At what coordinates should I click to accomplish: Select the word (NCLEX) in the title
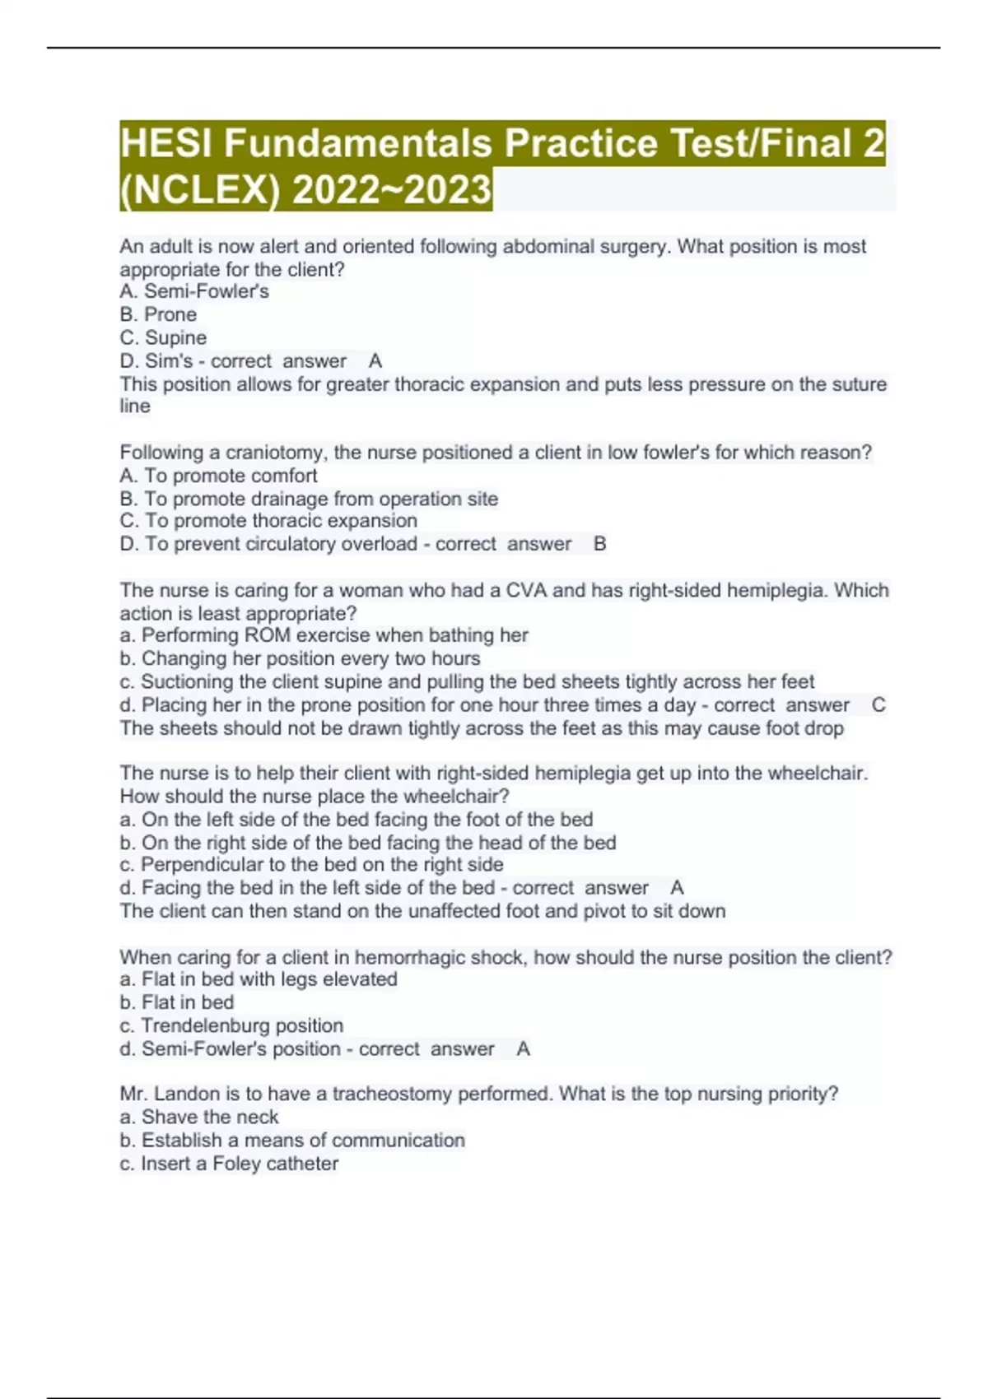(201, 190)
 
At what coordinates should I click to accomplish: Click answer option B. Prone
(158, 314)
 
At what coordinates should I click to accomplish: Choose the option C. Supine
(163, 337)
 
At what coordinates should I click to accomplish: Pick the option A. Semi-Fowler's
(194, 291)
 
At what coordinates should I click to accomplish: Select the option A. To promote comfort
(218, 476)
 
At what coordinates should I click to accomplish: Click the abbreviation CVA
(526, 590)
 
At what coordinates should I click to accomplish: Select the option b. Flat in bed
(177, 1002)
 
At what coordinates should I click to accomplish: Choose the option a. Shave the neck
(199, 1117)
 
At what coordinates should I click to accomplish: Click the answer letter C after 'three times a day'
(878, 705)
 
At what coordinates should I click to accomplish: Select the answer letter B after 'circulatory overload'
(599, 544)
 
